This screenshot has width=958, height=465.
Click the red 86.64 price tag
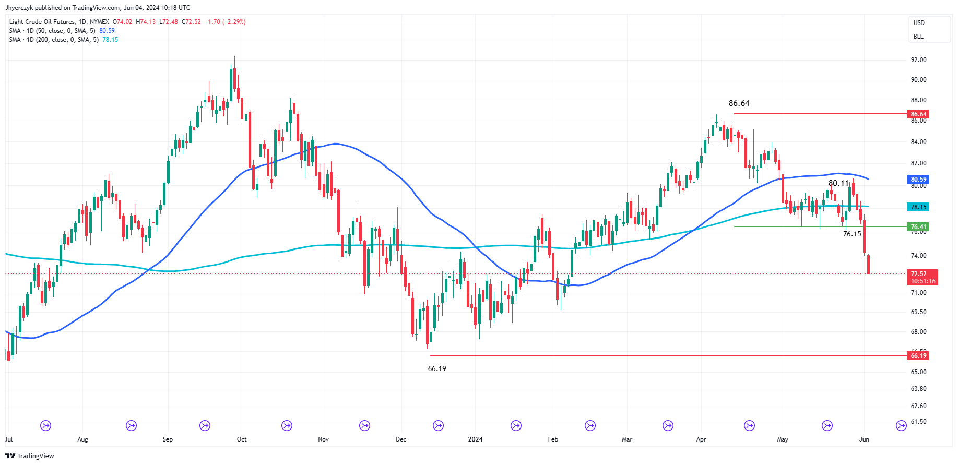point(918,114)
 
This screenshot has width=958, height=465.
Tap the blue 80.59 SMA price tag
point(918,180)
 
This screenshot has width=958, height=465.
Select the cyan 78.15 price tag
point(918,207)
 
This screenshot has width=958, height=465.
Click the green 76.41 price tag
point(918,227)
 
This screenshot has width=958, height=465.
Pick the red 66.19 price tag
point(918,356)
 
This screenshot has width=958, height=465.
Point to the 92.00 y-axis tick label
point(918,60)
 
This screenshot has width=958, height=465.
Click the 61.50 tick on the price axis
point(918,422)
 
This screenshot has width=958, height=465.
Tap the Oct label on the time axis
point(242,439)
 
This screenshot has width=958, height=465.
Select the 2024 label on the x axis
point(475,439)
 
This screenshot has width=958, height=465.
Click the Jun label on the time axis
point(864,439)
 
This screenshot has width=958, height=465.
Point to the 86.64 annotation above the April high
point(739,103)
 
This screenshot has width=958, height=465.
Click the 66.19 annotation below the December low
point(437,368)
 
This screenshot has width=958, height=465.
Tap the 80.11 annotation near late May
point(838,183)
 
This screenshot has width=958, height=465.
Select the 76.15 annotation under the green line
point(852,234)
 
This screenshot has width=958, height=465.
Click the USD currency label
point(919,23)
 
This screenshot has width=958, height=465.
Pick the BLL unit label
point(918,37)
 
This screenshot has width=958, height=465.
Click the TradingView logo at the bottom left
point(30,456)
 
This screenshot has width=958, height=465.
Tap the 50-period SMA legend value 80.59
point(107,31)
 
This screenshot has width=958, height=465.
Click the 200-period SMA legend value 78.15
point(110,40)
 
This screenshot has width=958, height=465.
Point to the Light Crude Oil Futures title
point(42,22)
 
